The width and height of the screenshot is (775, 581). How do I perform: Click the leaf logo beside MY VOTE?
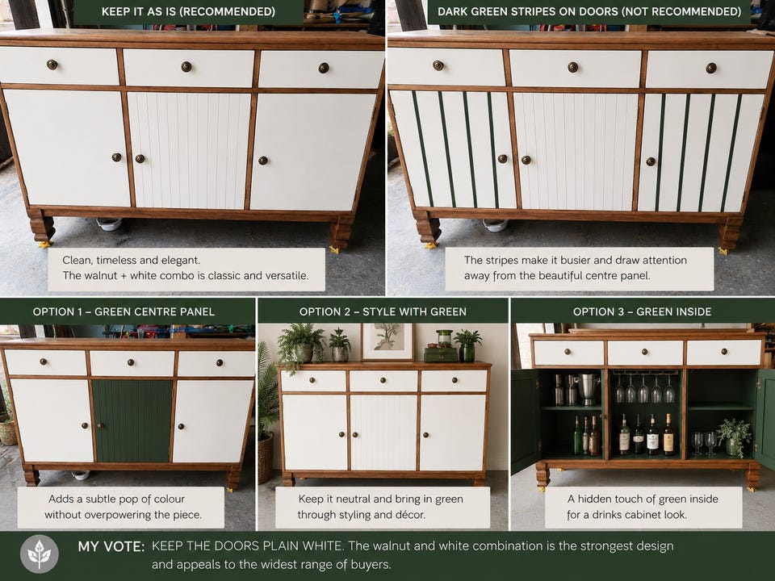pos(40,554)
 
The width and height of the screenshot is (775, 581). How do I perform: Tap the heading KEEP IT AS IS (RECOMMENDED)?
pos(188,11)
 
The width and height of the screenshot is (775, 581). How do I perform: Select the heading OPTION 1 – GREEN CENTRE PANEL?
pos(124,311)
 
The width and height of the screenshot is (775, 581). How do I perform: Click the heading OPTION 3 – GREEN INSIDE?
pos(642,311)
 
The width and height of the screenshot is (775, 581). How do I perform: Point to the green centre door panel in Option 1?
pos(132,421)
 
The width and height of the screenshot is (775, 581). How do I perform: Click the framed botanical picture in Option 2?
pos(387,341)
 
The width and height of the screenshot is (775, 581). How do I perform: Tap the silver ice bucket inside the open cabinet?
pos(588,388)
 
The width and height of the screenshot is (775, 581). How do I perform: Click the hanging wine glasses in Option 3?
pos(644,389)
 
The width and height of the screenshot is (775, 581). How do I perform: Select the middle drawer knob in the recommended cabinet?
pos(186,67)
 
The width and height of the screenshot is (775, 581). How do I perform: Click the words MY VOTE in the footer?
pos(111,546)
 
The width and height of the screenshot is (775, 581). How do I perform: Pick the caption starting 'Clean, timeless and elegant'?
pos(186,268)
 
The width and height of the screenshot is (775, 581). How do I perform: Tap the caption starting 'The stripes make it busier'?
pos(576,268)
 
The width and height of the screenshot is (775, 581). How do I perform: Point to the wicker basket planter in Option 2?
pos(265,458)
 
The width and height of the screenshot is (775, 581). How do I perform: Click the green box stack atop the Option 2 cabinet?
pos(441,353)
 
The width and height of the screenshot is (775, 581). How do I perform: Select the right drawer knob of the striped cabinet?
pos(711,68)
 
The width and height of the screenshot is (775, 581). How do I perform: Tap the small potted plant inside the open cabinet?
pos(735,437)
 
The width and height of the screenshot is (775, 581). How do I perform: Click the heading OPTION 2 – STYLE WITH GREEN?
pos(383,311)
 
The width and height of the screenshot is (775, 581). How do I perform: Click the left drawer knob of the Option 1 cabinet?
pos(44,362)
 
